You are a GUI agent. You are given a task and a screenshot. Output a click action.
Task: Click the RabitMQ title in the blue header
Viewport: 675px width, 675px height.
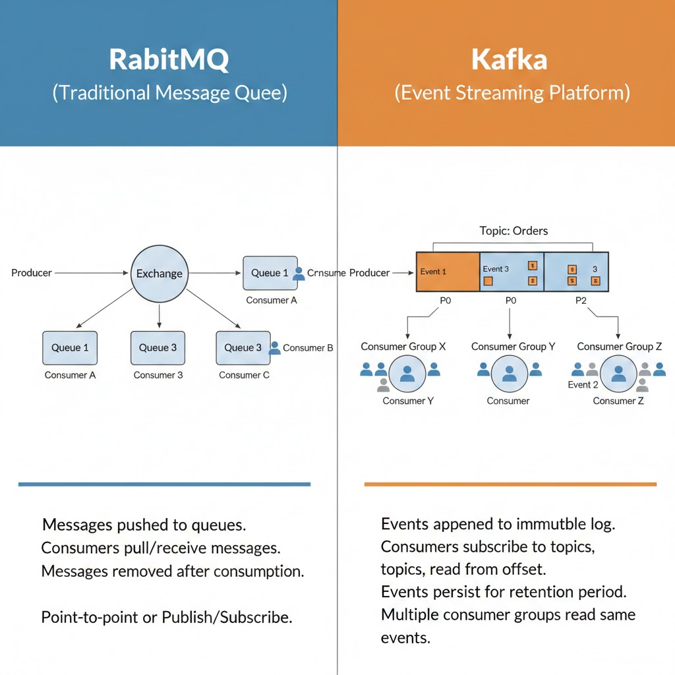click(x=169, y=59)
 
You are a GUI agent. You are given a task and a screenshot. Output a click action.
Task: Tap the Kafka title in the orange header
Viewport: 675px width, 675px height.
click(x=510, y=59)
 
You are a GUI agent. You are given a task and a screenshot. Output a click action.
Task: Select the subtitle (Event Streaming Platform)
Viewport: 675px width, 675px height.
click(x=512, y=92)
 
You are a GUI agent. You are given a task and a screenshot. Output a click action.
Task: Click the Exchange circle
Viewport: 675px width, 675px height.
click(x=159, y=273)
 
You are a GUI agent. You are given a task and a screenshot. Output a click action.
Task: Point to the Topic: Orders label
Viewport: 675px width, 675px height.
click(x=514, y=231)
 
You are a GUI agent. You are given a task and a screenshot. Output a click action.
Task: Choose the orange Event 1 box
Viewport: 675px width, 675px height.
click(x=448, y=272)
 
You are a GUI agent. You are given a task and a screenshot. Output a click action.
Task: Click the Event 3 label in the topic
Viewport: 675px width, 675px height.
click(x=496, y=269)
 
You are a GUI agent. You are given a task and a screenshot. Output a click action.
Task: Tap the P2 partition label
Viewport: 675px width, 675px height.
click(x=580, y=301)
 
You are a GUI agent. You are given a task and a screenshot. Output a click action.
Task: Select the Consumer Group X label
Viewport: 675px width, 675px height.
click(x=403, y=347)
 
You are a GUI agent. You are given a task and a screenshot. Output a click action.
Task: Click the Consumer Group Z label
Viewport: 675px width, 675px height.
click(x=619, y=347)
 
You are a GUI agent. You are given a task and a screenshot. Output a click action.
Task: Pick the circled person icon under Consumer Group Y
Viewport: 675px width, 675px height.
click(x=509, y=374)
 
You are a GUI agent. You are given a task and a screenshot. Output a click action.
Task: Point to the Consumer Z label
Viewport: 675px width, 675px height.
click(x=618, y=401)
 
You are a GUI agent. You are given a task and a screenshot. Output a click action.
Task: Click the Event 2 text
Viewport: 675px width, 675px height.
click(x=583, y=385)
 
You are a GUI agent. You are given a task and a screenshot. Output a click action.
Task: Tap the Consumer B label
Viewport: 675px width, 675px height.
click(x=308, y=348)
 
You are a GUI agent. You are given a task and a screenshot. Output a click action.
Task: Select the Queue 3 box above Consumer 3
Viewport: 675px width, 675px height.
click(x=158, y=348)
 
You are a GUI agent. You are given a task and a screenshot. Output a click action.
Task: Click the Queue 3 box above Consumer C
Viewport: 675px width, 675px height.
click(x=243, y=348)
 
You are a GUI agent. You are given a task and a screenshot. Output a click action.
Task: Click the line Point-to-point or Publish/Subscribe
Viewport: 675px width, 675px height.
click(x=166, y=618)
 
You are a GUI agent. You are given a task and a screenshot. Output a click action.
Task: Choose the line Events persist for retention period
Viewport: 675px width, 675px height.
click(x=504, y=591)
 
